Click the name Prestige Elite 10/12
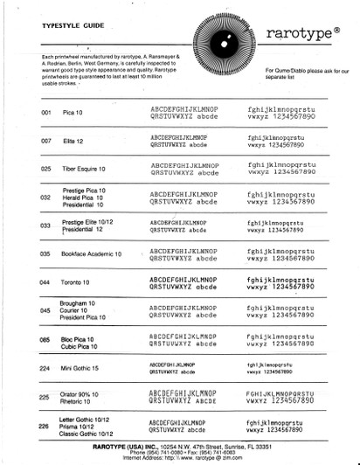pyautogui.click(x=91, y=224)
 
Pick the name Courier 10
pyautogui.click(x=77, y=310)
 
